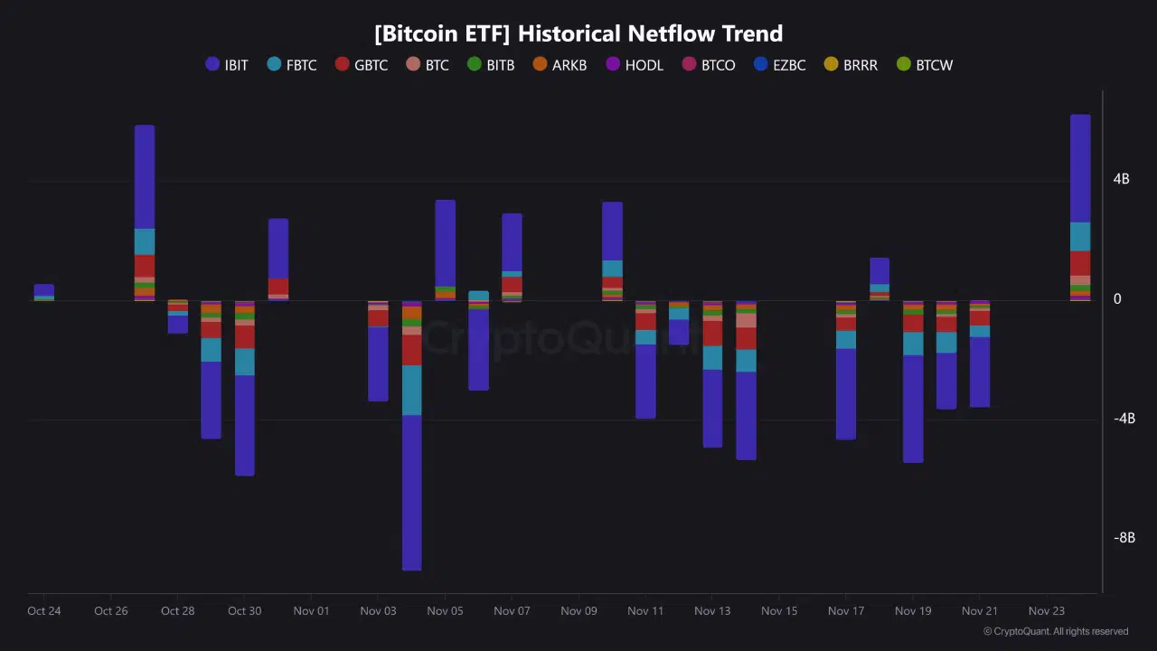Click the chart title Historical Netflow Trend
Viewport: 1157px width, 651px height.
578,33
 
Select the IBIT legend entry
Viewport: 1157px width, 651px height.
227,65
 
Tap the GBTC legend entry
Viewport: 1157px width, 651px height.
362,65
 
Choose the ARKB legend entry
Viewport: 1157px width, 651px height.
560,65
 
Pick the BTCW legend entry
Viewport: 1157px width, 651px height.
925,65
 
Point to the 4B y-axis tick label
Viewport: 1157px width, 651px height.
1121,179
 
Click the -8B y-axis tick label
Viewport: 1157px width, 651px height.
1124,538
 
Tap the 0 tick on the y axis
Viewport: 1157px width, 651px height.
1117,299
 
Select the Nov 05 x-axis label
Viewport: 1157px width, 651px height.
445,611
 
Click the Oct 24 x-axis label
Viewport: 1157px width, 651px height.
44,611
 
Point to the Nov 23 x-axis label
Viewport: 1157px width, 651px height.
1047,611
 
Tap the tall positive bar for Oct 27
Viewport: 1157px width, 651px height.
145,208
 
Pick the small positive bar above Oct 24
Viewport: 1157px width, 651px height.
44,291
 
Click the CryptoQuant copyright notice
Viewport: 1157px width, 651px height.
1056,632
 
